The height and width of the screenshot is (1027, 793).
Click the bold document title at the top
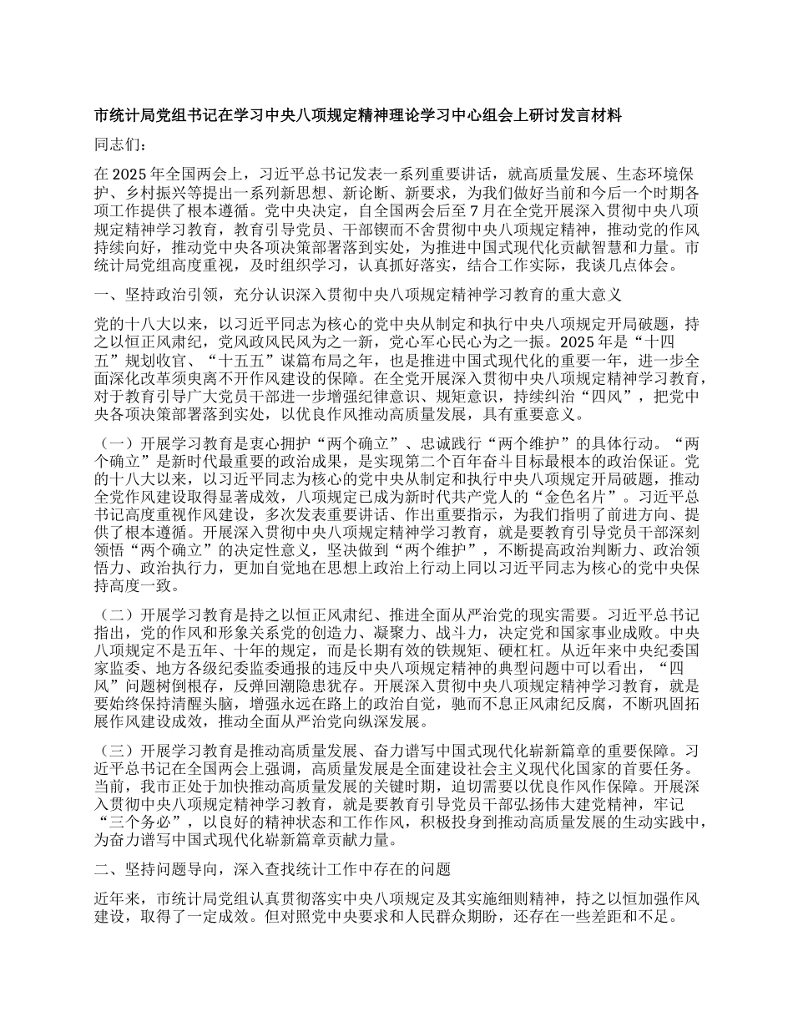point(358,117)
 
